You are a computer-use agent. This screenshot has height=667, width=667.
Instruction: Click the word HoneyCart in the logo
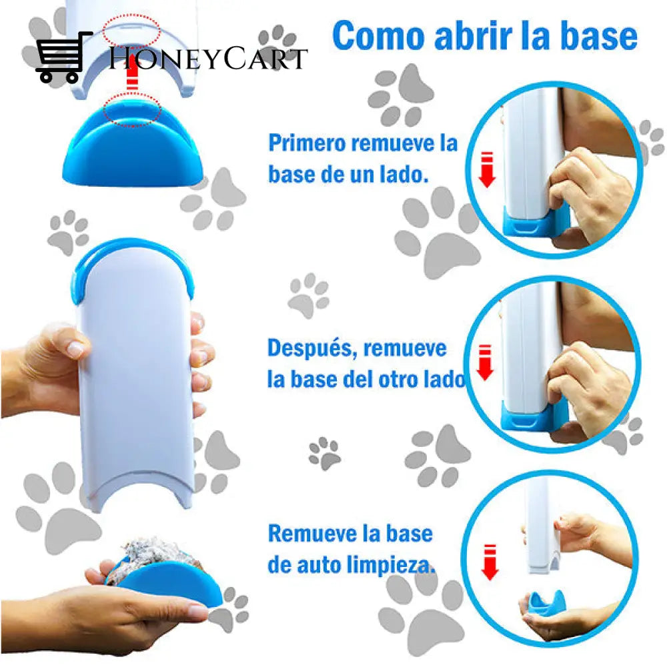tap(207, 59)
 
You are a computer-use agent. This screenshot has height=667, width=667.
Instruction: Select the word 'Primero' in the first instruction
tap(306, 144)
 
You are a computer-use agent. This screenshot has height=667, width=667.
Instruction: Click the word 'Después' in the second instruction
tap(312, 350)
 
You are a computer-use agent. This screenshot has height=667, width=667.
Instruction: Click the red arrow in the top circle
tap(487, 169)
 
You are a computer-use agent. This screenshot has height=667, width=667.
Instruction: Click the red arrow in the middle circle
tap(484, 362)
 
